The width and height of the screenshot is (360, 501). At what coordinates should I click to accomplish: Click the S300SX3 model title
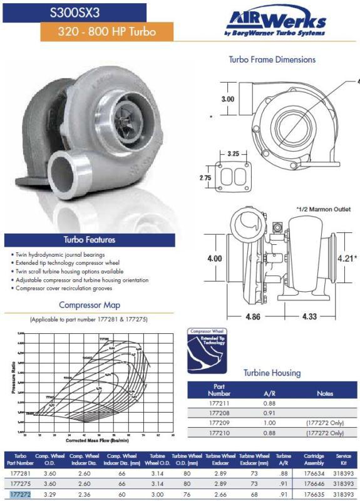pyautogui.click(x=75, y=11)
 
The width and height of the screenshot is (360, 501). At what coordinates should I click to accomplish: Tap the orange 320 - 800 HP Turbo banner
pyautogui.click(x=106, y=31)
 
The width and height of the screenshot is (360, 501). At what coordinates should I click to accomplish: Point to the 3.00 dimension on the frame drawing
pyautogui.click(x=229, y=99)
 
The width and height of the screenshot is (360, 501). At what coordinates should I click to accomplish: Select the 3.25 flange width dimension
pyautogui.click(x=233, y=153)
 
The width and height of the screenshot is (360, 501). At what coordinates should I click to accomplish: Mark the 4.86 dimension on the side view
pyautogui.click(x=252, y=317)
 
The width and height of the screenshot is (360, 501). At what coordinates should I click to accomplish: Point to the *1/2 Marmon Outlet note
pyautogui.click(x=323, y=209)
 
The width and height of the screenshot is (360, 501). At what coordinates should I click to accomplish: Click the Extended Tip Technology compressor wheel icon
pyautogui.click(x=209, y=350)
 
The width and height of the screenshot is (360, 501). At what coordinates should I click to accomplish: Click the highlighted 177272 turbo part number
pyautogui.click(x=21, y=494)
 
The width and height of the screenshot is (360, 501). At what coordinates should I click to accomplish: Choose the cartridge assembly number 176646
pyautogui.click(x=314, y=484)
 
